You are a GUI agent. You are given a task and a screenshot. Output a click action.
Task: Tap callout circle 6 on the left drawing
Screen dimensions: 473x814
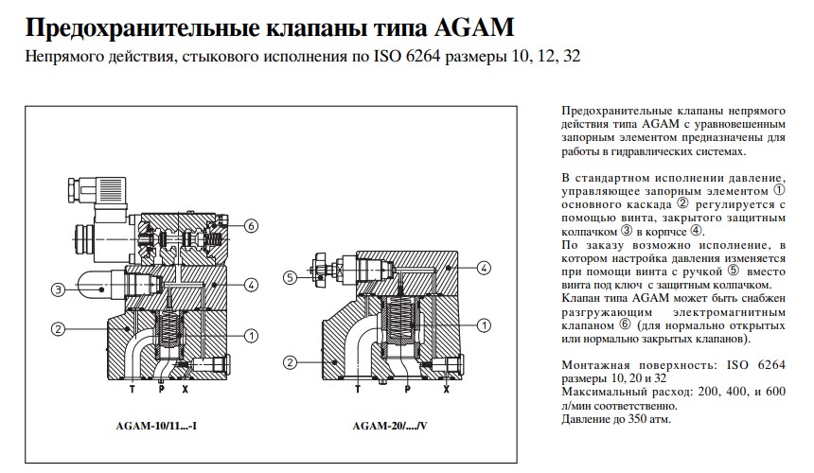(x=250, y=226)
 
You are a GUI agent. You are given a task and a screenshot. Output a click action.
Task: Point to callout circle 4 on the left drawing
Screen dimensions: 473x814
(x=250, y=285)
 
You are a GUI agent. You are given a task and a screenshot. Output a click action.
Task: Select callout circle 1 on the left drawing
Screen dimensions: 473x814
(x=250, y=335)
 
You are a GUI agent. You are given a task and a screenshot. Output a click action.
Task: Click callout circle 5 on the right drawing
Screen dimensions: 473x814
(x=292, y=277)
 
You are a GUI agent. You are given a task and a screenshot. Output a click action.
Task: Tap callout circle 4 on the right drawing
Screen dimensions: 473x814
(x=483, y=269)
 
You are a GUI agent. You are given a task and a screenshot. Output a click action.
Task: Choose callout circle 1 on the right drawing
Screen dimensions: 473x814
(x=483, y=325)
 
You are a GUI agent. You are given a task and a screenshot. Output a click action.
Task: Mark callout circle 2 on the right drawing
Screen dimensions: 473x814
(x=292, y=361)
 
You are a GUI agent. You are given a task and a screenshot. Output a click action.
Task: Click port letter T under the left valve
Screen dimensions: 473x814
(x=133, y=388)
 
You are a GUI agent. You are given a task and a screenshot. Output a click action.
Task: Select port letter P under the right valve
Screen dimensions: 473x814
(x=406, y=388)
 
